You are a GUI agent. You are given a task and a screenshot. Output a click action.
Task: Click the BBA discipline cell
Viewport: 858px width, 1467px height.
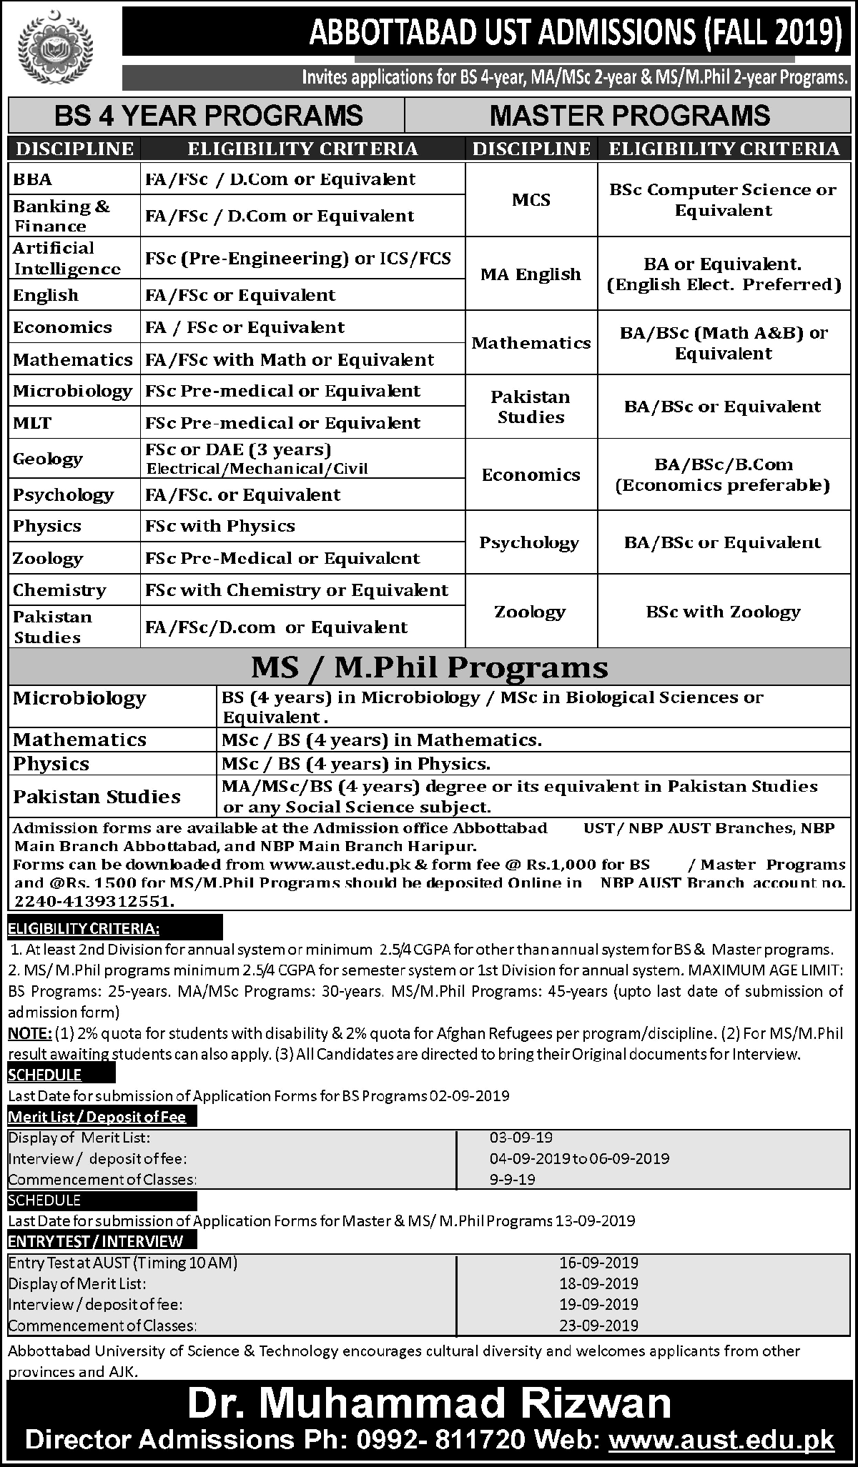tap(33, 179)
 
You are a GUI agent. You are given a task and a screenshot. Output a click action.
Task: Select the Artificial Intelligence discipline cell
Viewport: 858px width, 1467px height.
tap(66, 259)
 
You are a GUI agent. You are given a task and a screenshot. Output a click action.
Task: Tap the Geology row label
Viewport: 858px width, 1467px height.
tap(47, 459)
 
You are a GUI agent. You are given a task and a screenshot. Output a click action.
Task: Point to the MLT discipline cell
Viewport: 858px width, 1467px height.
tap(32, 423)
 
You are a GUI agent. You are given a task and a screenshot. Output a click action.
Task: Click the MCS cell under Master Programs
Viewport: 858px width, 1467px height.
tap(531, 200)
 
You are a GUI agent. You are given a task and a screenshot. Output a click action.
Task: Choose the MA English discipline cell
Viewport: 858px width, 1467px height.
tap(531, 274)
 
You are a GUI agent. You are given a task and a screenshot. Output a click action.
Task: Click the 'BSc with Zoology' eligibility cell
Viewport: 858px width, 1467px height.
tap(723, 612)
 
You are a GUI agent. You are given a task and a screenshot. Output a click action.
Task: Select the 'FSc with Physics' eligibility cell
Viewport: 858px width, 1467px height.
tap(220, 526)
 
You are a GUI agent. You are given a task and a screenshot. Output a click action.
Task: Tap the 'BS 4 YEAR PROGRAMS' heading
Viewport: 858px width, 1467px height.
tap(209, 116)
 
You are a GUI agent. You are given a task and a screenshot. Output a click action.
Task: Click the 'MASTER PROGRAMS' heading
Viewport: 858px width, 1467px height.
tap(631, 116)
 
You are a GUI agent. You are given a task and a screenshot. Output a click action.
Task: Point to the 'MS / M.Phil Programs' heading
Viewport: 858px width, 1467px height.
tap(430, 667)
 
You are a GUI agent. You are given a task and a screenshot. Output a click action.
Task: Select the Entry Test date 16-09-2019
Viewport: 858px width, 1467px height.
tap(598, 1263)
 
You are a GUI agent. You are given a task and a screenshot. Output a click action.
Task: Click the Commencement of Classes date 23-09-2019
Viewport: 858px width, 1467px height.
tap(598, 1325)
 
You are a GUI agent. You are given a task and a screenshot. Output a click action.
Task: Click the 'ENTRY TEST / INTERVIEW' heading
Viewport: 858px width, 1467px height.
tap(96, 1241)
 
